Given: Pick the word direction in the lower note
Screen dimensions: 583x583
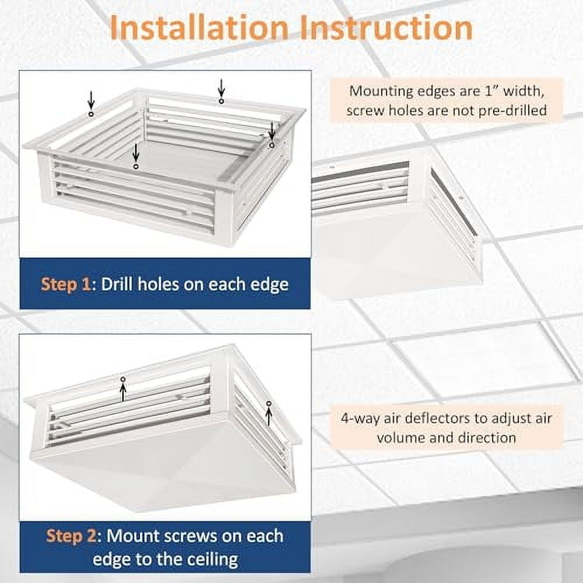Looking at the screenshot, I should [488, 437].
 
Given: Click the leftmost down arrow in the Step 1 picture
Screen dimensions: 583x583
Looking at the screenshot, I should [91, 100].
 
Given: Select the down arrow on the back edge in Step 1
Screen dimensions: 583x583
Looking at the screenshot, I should [221, 89].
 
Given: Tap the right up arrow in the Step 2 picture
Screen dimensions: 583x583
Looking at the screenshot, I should [268, 415].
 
